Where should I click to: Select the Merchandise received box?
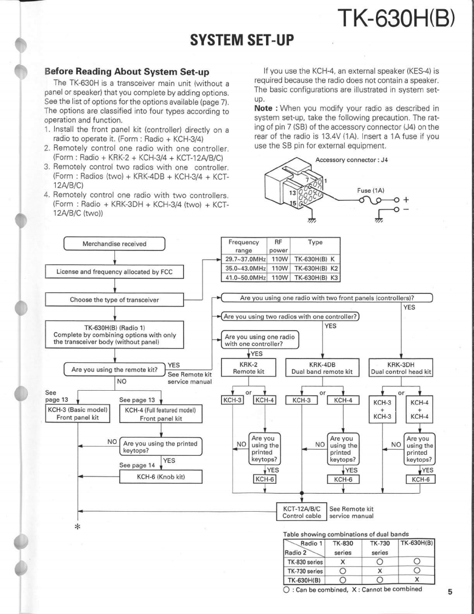click(x=114, y=244)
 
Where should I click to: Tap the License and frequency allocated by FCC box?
click(x=114, y=271)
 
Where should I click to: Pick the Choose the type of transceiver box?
click(x=114, y=299)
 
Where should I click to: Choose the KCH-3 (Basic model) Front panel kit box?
click(x=78, y=414)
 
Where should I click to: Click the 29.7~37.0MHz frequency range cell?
click(x=244, y=260)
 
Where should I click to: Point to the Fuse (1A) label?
click(x=370, y=190)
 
